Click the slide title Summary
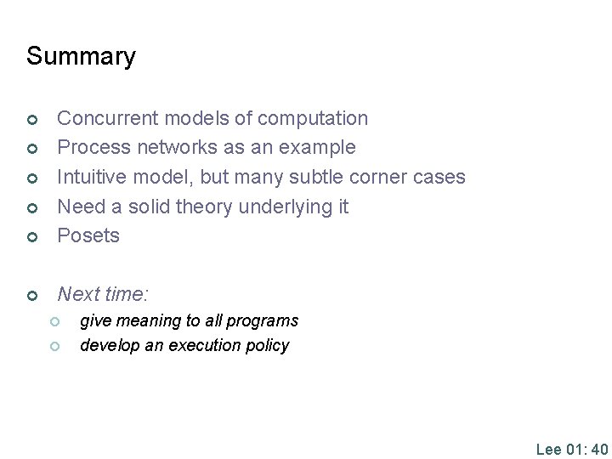pyautogui.click(x=81, y=57)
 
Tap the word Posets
pyautogui.click(x=88, y=235)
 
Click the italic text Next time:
pyautogui.click(x=103, y=295)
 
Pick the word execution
pyautogui.click(x=196, y=346)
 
